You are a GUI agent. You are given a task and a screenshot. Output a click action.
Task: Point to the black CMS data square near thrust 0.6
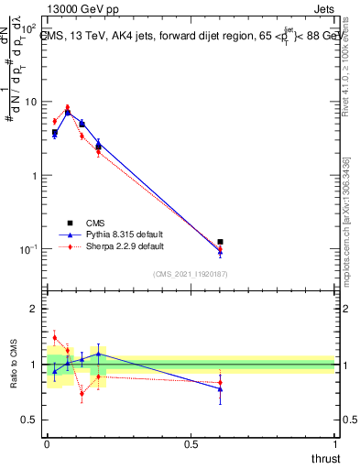click(x=220, y=242)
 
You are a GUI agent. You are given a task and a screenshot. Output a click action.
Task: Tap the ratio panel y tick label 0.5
click(x=30, y=420)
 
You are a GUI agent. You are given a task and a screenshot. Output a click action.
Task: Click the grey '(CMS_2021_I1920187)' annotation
click(x=191, y=273)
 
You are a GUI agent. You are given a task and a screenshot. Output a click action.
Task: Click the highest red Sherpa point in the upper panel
click(x=67, y=107)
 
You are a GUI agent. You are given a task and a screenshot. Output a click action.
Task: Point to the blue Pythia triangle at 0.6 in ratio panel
click(x=220, y=389)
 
